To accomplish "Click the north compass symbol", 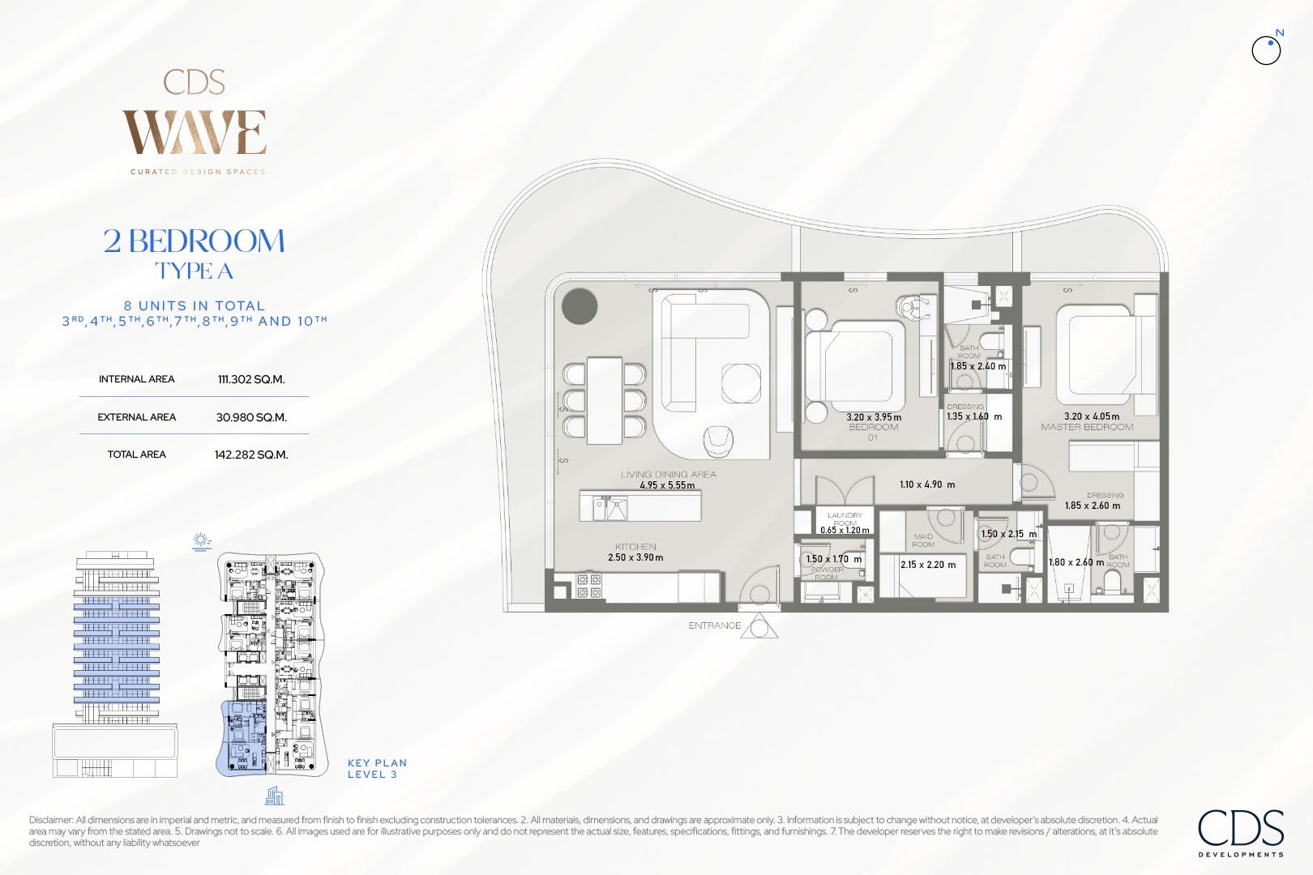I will coord(1266,50).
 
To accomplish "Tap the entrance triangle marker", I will coord(759,628).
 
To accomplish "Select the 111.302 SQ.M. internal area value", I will coord(251,379).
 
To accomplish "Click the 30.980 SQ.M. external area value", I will coord(251,417).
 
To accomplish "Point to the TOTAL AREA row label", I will coord(136,455).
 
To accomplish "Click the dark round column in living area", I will coord(580,306).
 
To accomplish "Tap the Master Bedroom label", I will coord(1087,427).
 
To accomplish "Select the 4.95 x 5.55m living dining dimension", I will coord(667,485).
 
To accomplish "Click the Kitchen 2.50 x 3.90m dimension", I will coord(635,557).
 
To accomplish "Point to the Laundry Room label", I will coord(845,519).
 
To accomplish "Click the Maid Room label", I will coord(923,540).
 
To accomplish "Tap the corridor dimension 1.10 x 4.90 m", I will coord(927,484).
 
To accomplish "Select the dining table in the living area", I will coord(605,399).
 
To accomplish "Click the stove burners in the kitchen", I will coord(589,586).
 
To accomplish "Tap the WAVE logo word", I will coord(195,133).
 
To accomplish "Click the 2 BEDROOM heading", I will coord(195,241).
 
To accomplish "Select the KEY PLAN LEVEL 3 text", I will coord(377,768).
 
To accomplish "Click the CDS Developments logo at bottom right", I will coord(1241,831).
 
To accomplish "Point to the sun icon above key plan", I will coord(202,541).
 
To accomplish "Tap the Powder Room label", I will coord(827,573).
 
